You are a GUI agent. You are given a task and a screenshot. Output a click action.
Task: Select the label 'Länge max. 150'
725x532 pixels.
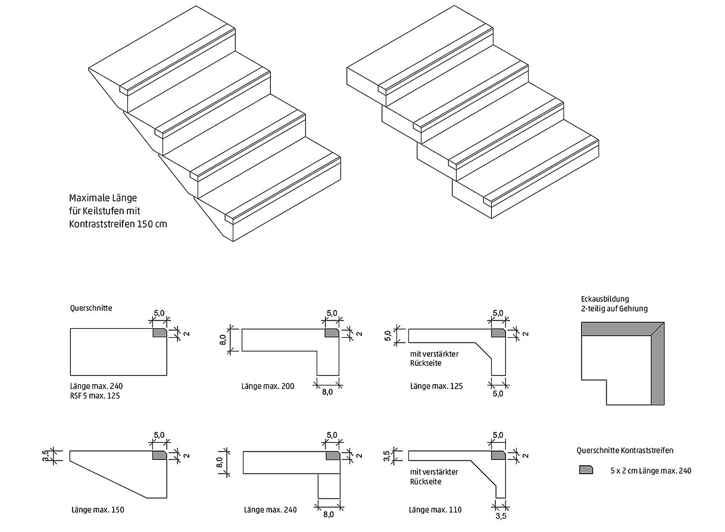(x=97, y=509)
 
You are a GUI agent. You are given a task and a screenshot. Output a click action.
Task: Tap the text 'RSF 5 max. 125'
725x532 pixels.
(x=95, y=396)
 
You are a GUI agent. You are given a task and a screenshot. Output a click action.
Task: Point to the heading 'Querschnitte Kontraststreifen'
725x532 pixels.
(x=625, y=451)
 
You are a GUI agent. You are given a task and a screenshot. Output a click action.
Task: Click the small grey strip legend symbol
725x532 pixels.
(x=586, y=469)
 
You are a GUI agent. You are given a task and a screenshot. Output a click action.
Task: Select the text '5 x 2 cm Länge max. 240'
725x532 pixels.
(x=651, y=471)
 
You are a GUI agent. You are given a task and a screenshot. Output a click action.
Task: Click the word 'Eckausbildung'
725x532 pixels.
(x=604, y=298)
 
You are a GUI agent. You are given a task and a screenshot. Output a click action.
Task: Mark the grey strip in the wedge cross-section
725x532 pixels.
(x=160, y=456)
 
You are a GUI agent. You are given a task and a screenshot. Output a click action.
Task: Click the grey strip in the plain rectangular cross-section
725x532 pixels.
(x=160, y=333)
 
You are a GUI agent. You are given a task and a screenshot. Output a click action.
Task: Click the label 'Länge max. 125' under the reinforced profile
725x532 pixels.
(x=436, y=386)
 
